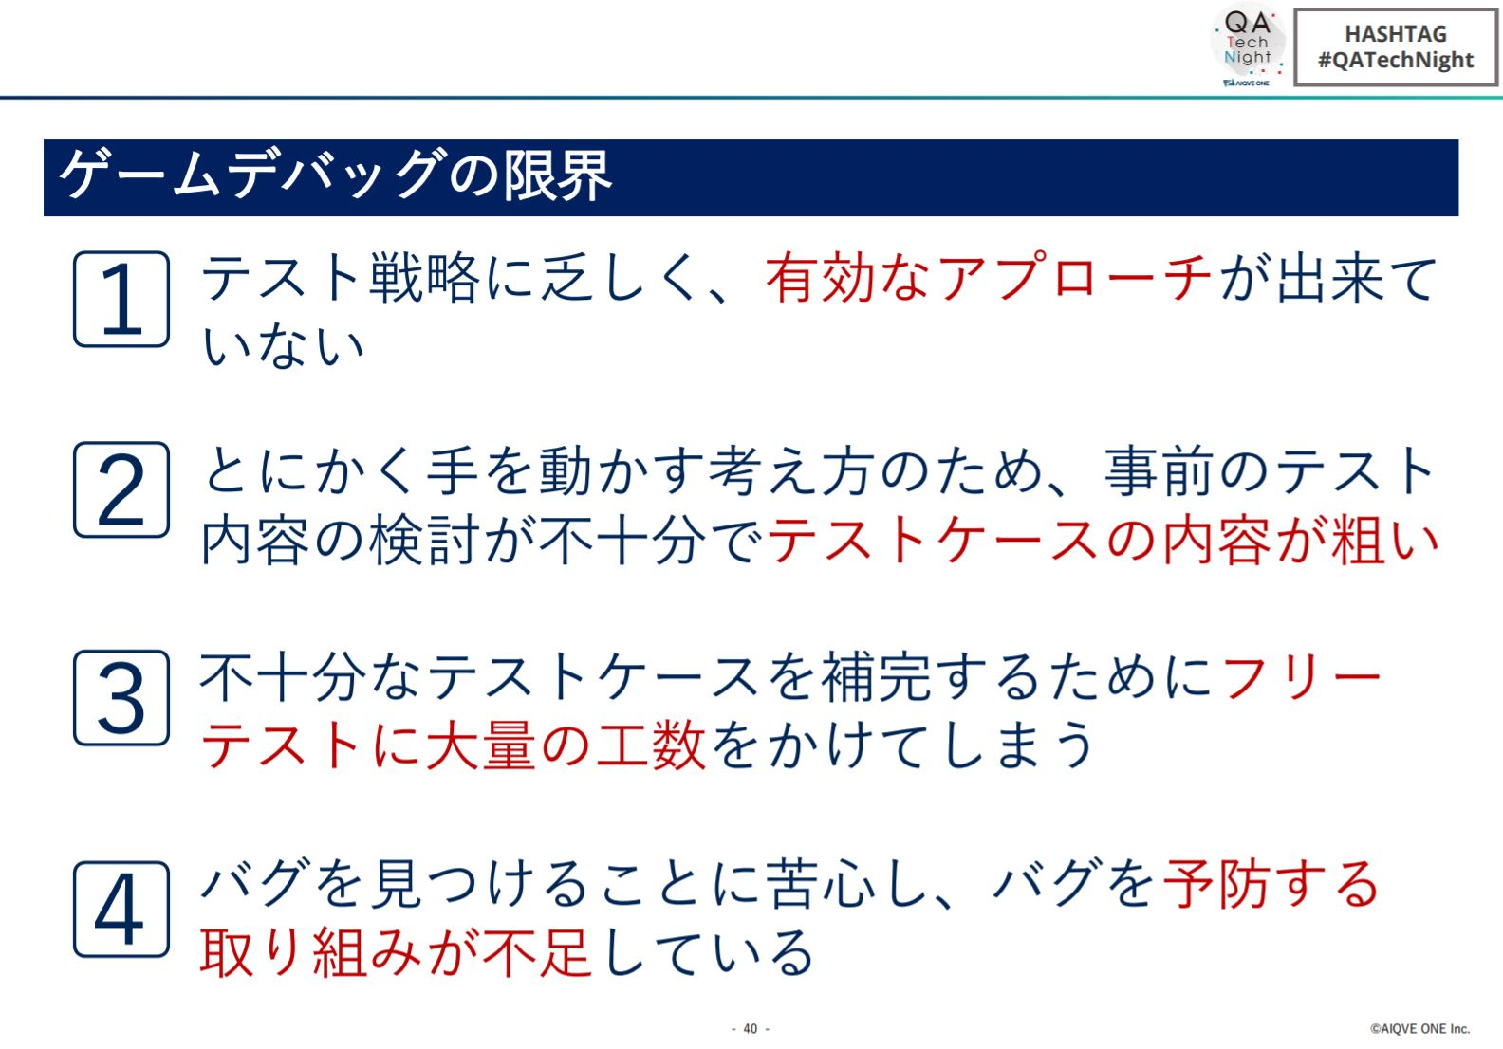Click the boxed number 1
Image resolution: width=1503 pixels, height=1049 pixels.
121,299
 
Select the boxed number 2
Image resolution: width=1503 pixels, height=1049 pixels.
121,489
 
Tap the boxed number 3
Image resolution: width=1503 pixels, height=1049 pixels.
121,697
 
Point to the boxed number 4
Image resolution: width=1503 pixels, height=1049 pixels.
121,909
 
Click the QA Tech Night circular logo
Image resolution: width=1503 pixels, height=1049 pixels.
1248,46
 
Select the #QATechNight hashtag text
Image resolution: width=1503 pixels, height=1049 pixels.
1396,61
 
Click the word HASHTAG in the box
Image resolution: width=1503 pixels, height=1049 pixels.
1396,33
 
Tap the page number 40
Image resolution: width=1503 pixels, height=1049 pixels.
751,1029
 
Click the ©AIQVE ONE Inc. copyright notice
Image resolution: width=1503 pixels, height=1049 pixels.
1419,1029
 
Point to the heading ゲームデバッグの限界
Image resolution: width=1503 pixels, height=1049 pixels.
336,175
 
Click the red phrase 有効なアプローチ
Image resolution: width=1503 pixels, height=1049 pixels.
989,278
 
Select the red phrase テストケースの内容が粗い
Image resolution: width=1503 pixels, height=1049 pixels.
1103,540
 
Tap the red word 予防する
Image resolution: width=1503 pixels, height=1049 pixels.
1271,884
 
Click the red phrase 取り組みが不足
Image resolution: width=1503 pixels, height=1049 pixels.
396,952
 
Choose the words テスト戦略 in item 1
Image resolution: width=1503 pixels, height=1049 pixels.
341,278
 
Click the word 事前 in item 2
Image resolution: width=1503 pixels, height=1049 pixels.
1160,470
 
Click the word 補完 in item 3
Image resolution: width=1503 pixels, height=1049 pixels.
877,676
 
